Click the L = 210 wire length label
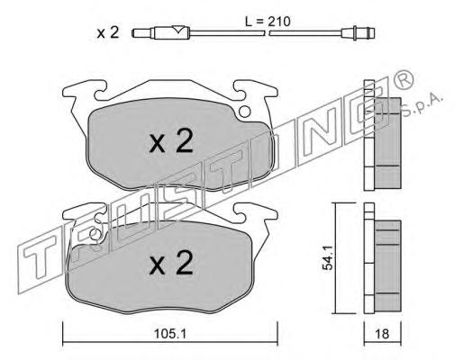(268, 22)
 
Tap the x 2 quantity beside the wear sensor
(108, 32)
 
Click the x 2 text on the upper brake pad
(171, 141)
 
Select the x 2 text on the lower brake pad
(171, 263)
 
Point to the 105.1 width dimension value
(170, 334)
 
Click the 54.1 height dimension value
(328, 257)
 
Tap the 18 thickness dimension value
(382, 334)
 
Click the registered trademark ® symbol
(404, 79)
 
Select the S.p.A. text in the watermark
(422, 105)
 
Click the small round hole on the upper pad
(245, 112)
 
